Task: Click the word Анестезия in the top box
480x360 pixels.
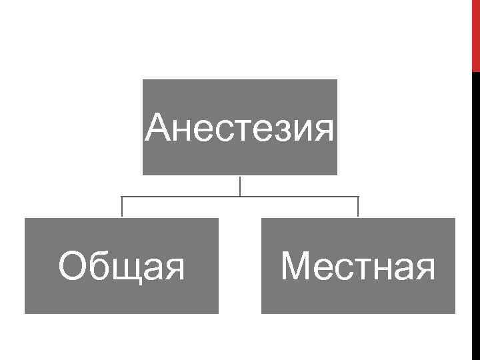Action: tap(240, 127)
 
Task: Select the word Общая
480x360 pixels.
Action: tap(121, 267)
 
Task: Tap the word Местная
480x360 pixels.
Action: tap(358, 267)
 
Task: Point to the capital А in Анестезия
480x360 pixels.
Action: tap(159, 127)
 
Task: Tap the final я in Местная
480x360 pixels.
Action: tap(424, 269)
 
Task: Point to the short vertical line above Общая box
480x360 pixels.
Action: tap(121, 207)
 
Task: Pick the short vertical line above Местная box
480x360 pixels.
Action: tap(358, 207)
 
